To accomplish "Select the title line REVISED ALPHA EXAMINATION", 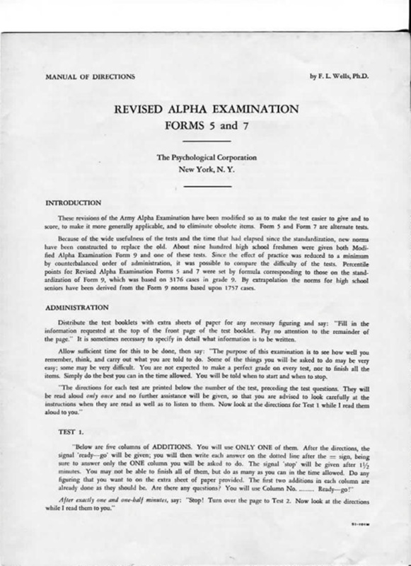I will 203,111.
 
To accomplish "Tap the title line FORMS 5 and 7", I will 203,129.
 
